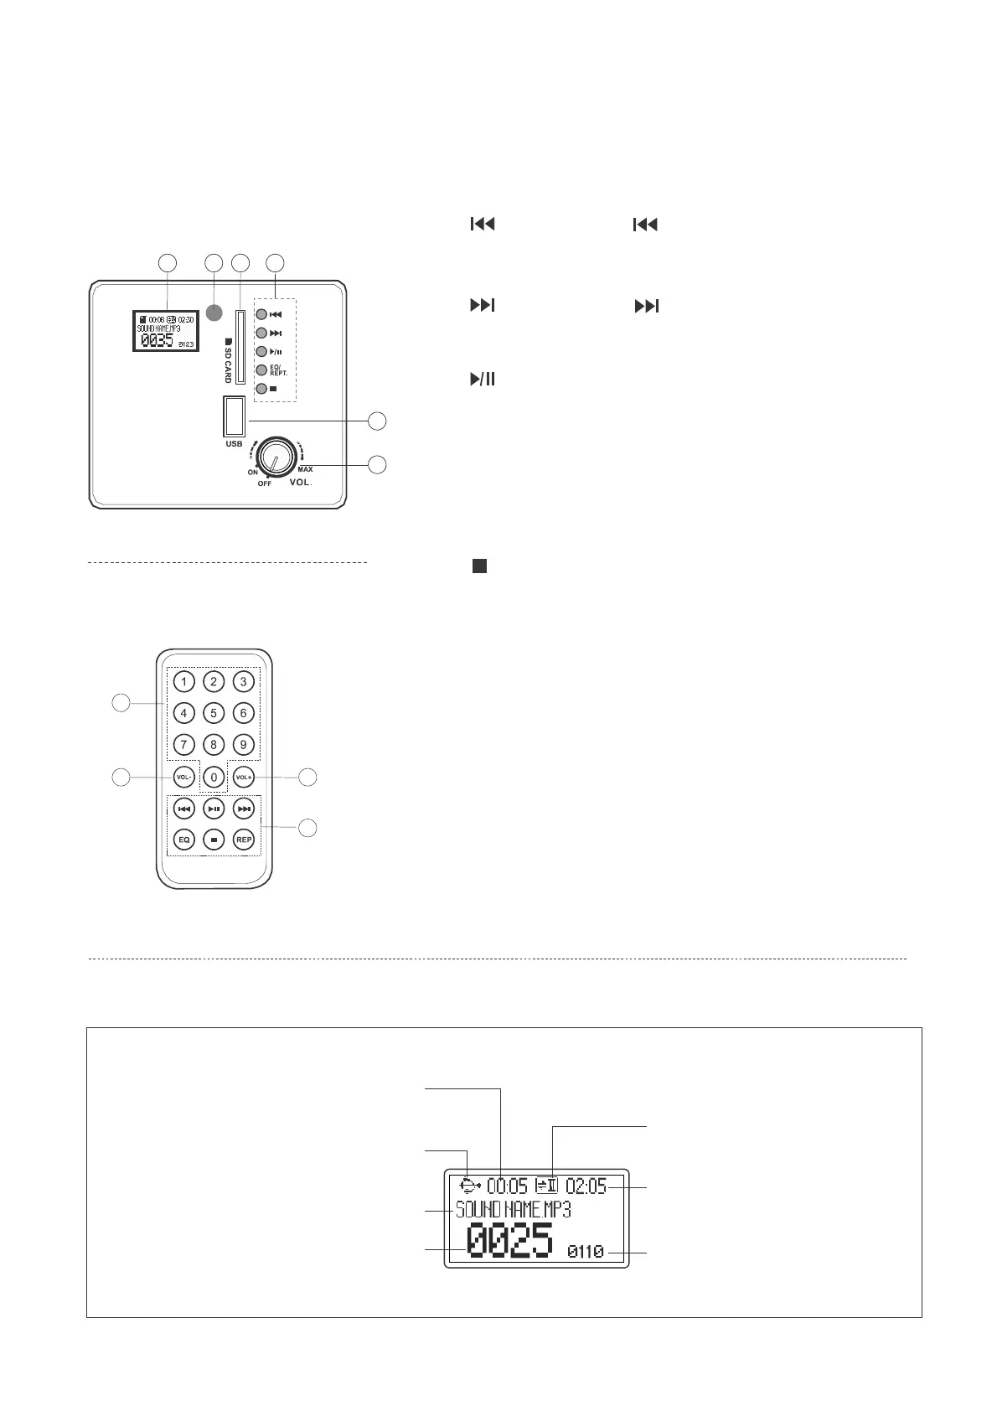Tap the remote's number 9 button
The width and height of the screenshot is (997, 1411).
(243, 744)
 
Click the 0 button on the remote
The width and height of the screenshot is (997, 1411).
(214, 778)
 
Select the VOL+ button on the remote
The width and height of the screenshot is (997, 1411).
(243, 778)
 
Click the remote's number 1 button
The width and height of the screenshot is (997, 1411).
(183, 681)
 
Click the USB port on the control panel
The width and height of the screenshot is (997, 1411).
(234, 416)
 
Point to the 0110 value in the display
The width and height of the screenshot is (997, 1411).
(586, 1252)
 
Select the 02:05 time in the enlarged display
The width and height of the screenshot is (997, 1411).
(586, 1186)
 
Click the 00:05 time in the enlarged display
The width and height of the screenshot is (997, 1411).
(508, 1186)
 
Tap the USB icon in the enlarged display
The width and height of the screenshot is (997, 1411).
(470, 1186)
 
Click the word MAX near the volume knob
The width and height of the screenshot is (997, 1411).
(305, 469)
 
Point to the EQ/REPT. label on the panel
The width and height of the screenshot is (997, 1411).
(279, 370)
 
